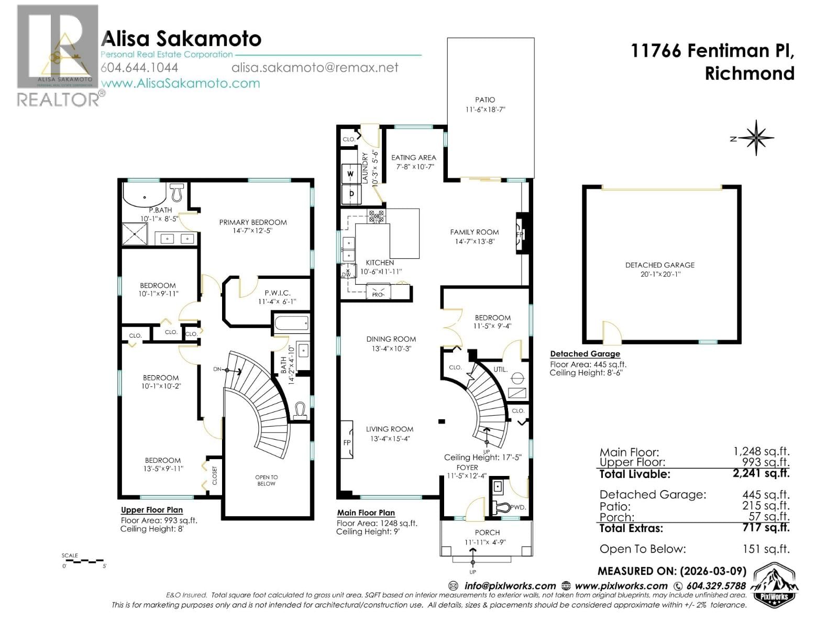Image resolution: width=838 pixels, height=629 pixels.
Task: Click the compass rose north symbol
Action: click(x=756, y=138)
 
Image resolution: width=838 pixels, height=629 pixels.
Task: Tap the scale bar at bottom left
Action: click(x=84, y=561)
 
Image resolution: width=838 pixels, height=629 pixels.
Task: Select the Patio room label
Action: click(x=485, y=100)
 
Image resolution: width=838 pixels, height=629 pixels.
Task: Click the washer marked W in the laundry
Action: click(x=350, y=173)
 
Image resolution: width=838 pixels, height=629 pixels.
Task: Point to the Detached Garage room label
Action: click(x=660, y=265)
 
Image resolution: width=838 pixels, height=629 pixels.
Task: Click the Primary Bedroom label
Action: click(x=252, y=222)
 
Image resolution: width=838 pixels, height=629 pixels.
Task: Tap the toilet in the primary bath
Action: click(x=177, y=192)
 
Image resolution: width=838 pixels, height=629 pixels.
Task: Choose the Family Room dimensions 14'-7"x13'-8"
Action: click(x=475, y=242)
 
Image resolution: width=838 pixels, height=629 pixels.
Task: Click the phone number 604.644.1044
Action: click(x=139, y=68)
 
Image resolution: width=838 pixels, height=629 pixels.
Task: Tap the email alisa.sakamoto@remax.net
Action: click(x=315, y=68)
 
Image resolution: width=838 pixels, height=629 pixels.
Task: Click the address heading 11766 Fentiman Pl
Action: click(x=712, y=51)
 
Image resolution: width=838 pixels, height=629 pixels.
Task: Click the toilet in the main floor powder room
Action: click(x=501, y=507)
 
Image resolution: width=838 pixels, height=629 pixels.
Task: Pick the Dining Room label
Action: click(x=391, y=339)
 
